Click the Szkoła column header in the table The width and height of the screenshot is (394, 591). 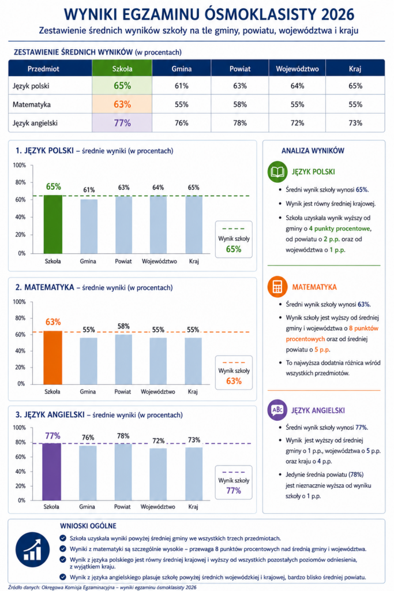coord(122,69)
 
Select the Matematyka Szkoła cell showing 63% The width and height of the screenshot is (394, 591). coord(122,104)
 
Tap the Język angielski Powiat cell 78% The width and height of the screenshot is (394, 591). coord(240,123)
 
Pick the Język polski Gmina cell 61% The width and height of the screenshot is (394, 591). coord(182,86)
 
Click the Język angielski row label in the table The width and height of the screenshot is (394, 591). coord(35,123)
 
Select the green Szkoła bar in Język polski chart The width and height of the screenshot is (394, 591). coord(53,225)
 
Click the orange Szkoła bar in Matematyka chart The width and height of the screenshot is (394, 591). coord(52,358)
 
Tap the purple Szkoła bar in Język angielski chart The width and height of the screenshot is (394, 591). coord(51,472)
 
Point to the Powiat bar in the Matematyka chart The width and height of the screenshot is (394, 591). coord(123,360)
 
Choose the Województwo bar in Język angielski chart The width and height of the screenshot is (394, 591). coord(158,474)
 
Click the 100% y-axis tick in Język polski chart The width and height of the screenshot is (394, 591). coord(20,165)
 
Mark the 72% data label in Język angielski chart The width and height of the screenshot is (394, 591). coord(158,440)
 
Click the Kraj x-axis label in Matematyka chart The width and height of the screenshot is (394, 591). coord(193,392)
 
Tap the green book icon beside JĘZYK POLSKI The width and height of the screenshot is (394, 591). coord(277,172)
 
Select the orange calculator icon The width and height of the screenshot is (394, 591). coord(277,287)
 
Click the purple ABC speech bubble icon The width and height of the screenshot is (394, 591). coord(277,410)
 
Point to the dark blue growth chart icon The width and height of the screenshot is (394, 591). coord(32,549)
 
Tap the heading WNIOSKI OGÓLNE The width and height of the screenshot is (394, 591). coord(88,526)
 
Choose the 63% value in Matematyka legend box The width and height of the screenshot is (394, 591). coord(234,381)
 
